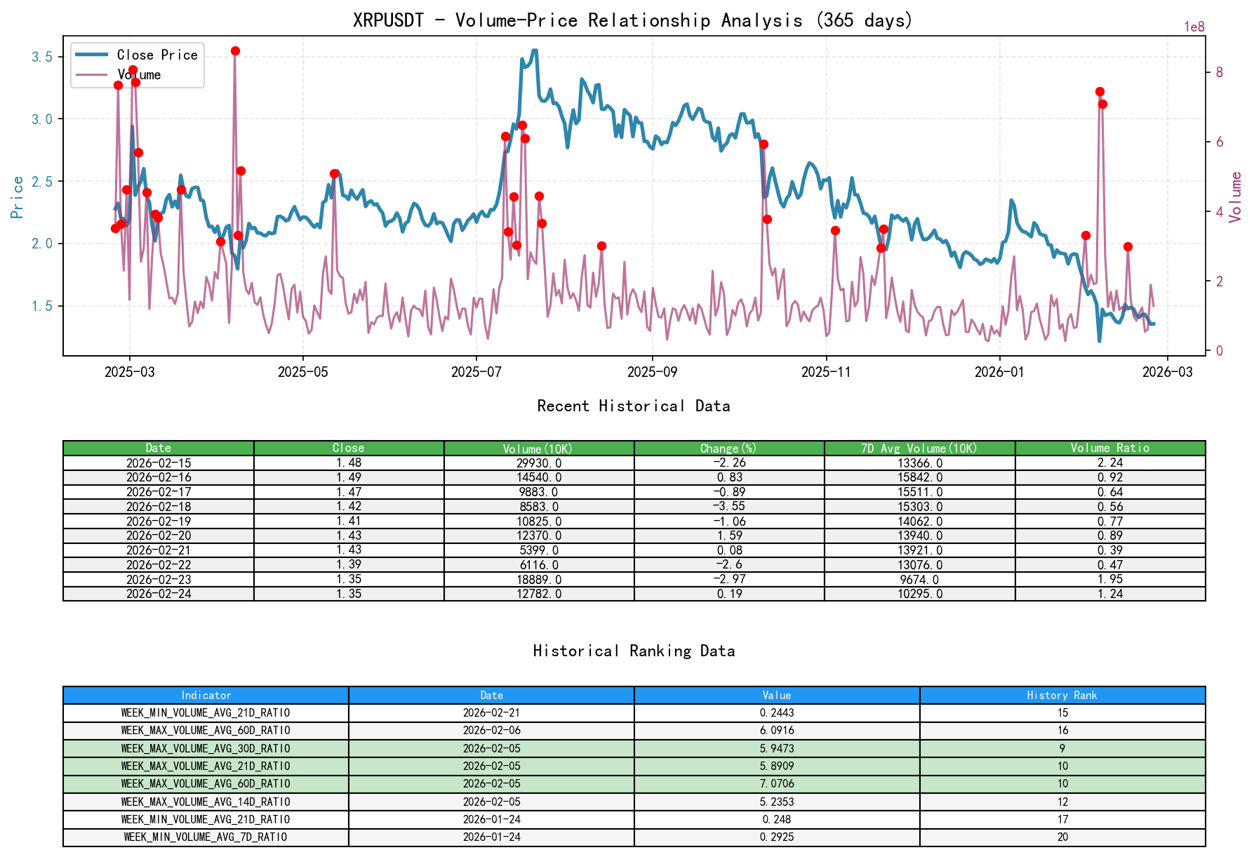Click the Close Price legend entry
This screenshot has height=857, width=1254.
tap(156, 55)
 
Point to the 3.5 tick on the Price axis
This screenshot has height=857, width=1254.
tap(42, 57)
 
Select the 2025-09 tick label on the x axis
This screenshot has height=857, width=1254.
tap(652, 372)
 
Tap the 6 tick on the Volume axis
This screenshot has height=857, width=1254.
tap(1220, 142)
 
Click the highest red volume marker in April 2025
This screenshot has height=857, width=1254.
tap(235, 51)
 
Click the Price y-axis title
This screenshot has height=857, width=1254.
tap(18, 197)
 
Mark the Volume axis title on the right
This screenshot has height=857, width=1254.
tap(1236, 197)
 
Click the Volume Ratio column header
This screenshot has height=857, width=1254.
tap(1109, 448)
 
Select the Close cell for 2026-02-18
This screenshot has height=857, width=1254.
tap(349, 506)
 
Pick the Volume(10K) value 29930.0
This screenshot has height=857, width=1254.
tap(539, 463)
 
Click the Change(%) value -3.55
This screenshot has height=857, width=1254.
tap(730, 506)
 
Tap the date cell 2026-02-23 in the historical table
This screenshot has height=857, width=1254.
tap(159, 580)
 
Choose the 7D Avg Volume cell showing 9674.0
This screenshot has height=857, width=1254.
tap(920, 580)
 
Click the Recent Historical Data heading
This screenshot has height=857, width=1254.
tap(633, 406)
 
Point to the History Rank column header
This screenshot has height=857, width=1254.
tap(1062, 696)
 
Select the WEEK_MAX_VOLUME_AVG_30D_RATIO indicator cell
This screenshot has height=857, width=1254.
tap(206, 749)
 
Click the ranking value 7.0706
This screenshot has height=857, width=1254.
tap(777, 784)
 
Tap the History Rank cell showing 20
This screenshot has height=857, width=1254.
tap(1062, 837)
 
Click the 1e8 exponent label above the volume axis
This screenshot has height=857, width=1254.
tap(1194, 27)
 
